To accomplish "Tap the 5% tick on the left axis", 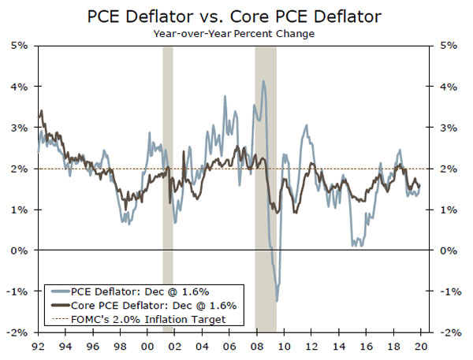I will [x=19, y=46].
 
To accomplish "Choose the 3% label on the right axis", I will [x=446, y=128].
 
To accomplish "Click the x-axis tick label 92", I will [x=38, y=346].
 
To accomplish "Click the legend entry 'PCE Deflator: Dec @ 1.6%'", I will [x=142, y=291].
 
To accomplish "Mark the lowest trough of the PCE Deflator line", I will [x=277, y=300].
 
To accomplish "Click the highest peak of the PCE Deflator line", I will [x=263, y=81].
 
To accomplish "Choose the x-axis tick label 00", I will [x=147, y=346].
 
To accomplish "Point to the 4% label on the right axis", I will [x=446, y=87].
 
